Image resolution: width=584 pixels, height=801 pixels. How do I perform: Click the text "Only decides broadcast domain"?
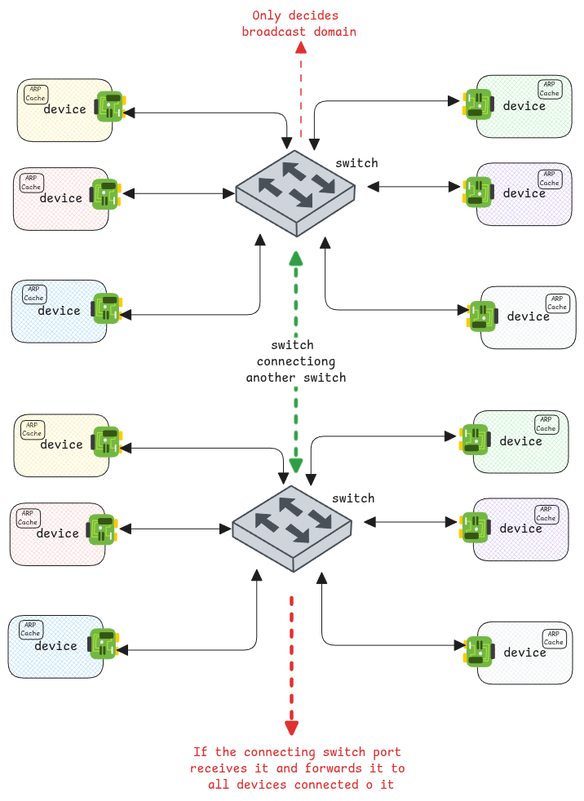pos(299,24)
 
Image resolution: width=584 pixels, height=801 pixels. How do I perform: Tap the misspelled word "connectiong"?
pos(296,361)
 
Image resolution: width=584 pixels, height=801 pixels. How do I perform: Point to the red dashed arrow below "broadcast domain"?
pos(302,90)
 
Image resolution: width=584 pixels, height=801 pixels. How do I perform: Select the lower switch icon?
pos(292,527)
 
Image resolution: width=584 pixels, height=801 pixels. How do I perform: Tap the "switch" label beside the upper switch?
pos(356,163)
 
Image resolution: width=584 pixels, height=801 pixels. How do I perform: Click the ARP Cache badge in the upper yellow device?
pos(35,94)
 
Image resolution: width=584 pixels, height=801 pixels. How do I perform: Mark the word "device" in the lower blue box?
pos(55,646)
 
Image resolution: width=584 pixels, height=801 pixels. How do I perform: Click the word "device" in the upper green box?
pos(524,106)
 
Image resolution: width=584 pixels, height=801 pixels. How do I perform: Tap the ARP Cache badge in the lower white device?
pos(553,638)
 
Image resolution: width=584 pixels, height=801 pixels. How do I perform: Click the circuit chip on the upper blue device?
pos(107,310)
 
